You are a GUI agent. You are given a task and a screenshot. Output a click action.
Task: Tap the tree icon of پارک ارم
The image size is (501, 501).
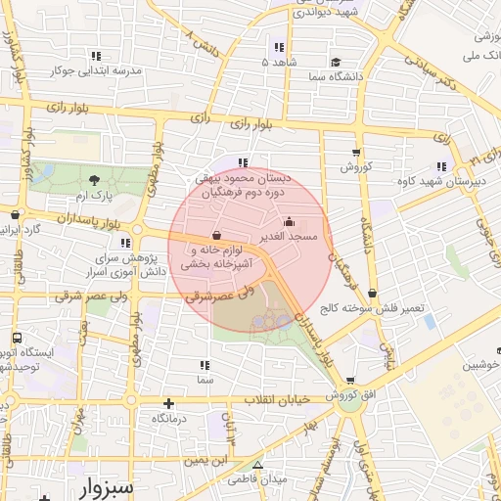pyautogui.click(x=94, y=180)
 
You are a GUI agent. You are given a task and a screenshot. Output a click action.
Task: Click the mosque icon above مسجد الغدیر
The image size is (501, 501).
pyautogui.click(x=287, y=222)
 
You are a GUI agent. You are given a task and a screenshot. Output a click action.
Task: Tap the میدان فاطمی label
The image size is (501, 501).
pyautogui.click(x=256, y=480)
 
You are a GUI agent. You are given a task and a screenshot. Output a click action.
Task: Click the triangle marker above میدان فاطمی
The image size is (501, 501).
pyautogui.click(x=257, y=465)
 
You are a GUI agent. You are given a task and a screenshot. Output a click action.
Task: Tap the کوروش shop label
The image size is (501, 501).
pyautogui.click(x=357, y=167)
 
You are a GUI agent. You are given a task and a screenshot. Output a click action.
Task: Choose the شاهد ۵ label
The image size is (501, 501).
pyautogui.click(x=278, y=61)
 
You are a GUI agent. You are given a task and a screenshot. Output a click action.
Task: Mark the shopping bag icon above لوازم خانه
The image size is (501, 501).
pyautogui.click(x=215, y=235)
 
